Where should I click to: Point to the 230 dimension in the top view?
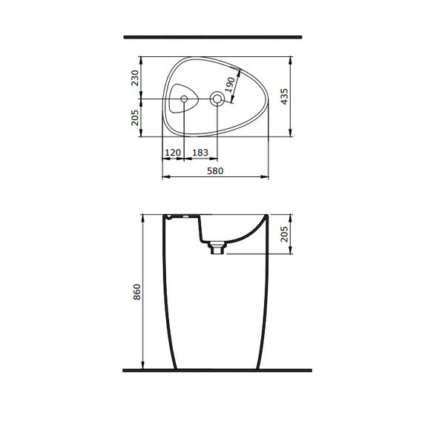coord(134,78)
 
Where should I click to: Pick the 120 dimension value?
coord(173,152)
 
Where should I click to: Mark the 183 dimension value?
coord(200,152)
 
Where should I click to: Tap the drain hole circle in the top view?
coord(217,99)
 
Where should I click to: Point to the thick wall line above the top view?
coord(212,36)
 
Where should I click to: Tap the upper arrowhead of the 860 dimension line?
coord(142,217)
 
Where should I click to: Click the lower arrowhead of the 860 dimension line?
coord(142,366)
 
